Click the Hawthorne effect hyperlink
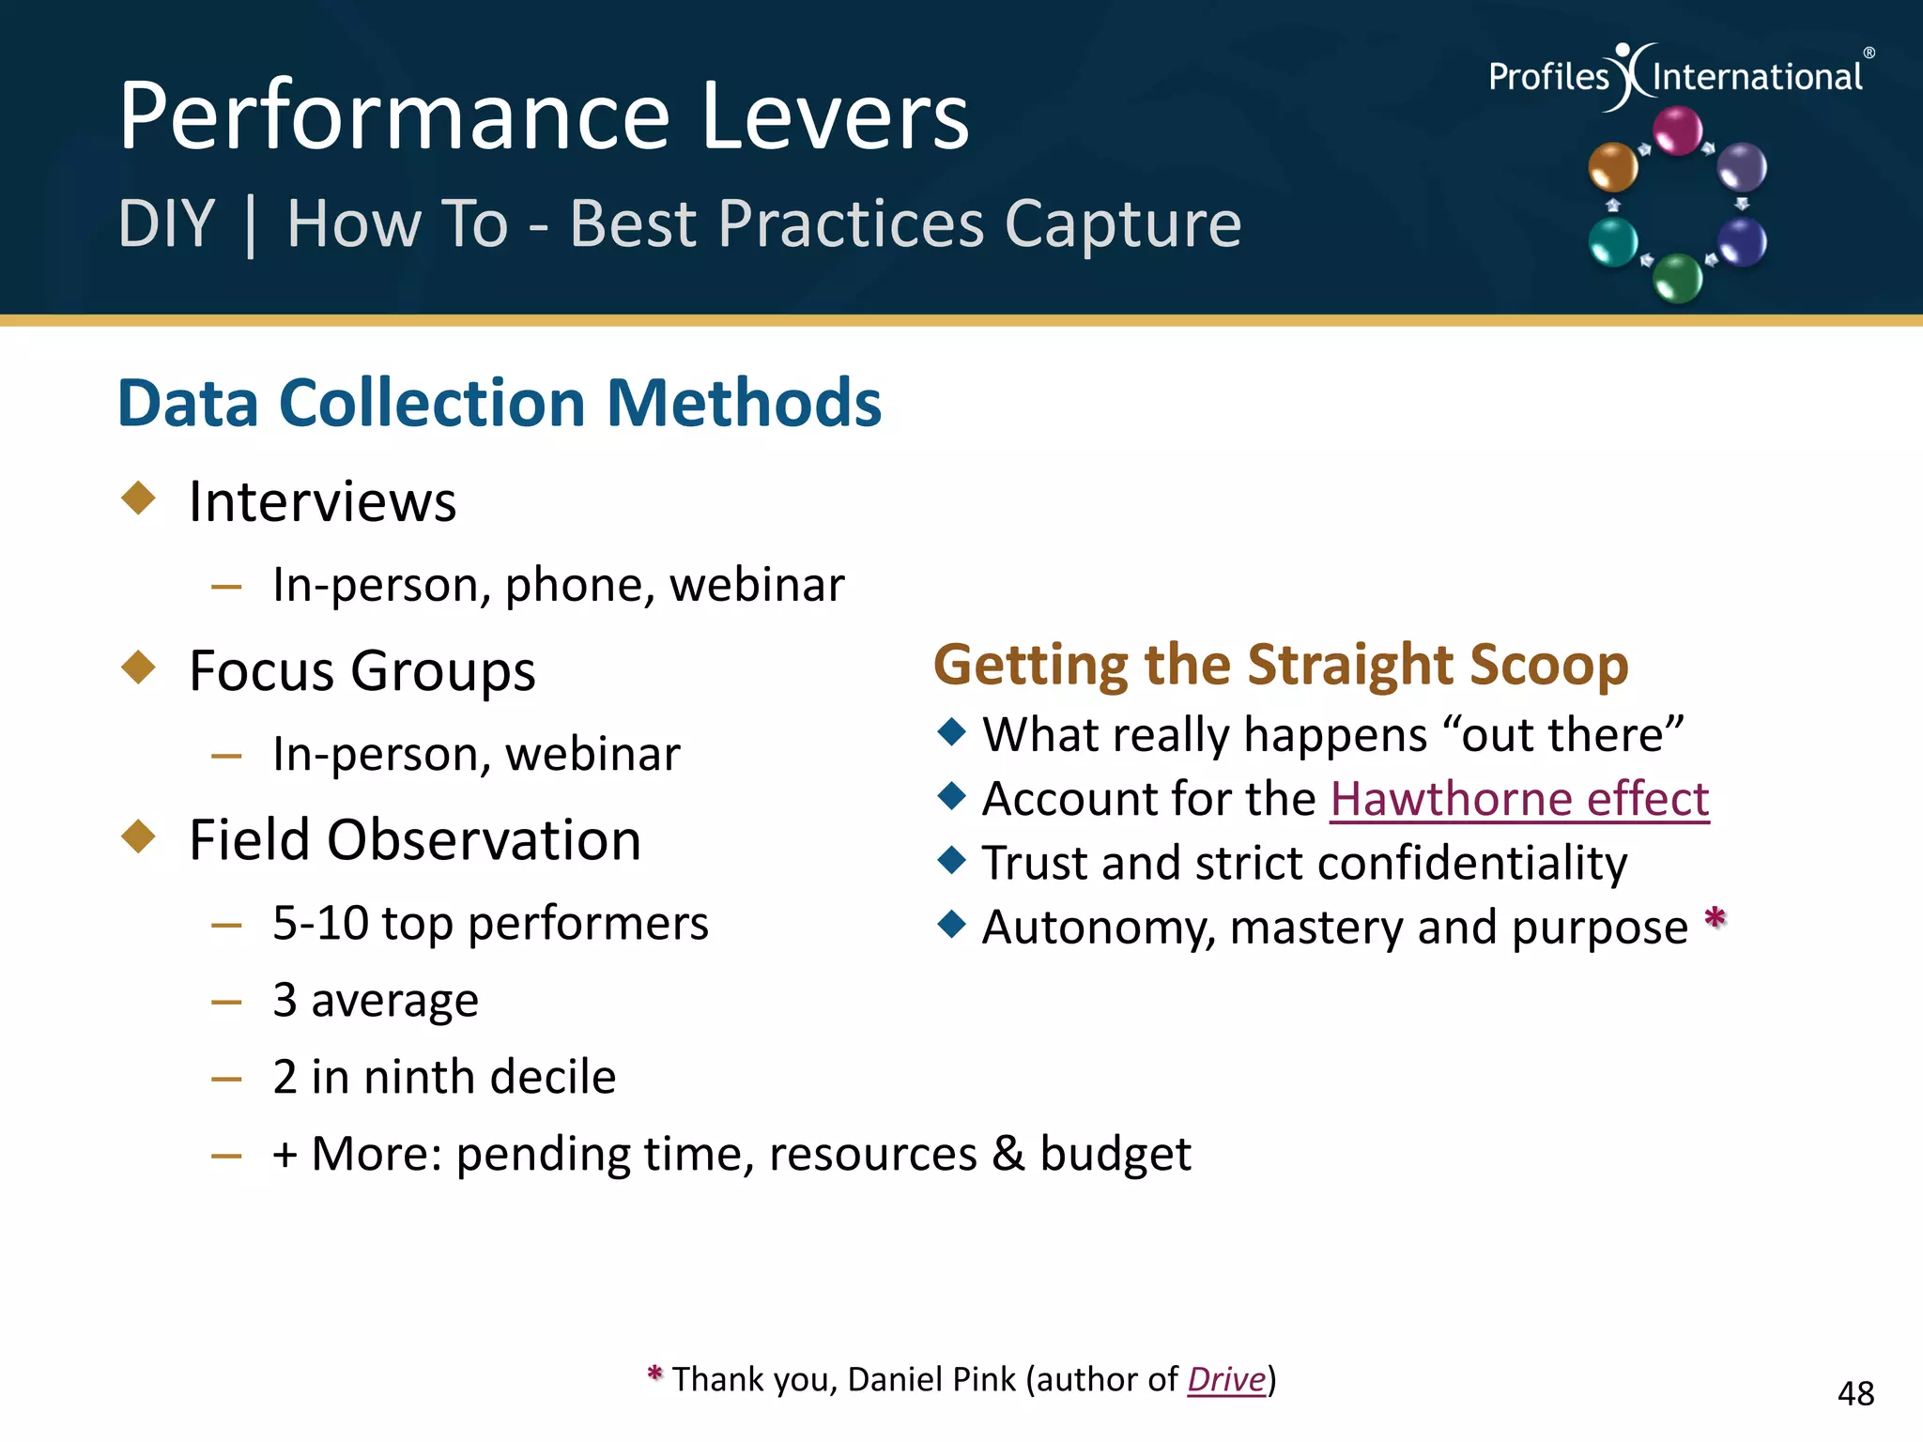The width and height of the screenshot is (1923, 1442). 1518,800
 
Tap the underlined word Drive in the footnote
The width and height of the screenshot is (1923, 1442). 1226,1379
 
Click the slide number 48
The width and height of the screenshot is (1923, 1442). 1855,1393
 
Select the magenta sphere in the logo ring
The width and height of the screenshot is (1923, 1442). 1677,130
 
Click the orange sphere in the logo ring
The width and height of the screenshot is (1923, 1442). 1612,167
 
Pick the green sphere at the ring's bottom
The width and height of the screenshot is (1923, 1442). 1677,278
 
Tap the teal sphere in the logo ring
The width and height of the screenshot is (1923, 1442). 1612,242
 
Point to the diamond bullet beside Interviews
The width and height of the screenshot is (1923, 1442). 139,498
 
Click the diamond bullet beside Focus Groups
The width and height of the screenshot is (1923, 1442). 139,667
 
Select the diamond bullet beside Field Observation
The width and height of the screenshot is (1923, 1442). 139,836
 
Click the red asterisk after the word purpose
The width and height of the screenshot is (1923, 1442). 1715,917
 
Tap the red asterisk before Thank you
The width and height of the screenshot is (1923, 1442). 655,1374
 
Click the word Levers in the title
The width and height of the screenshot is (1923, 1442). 835,116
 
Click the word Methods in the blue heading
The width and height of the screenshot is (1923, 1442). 744,404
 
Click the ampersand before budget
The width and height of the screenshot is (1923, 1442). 1008,1154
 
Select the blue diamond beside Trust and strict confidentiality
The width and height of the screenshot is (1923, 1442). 951,860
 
